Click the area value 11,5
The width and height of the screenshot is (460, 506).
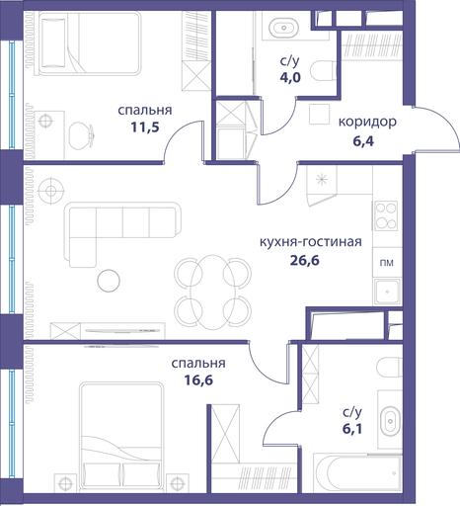click(145, 127)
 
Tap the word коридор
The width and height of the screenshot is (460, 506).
click(367, 123)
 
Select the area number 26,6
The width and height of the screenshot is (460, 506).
click(305, 261)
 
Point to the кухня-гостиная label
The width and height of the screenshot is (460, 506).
click(311, 242)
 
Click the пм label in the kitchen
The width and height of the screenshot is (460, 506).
click(387, 263)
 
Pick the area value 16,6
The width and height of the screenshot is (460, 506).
click(198, 380)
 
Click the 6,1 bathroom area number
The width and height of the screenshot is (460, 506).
click(352, 429)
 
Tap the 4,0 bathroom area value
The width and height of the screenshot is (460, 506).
click(290, 78)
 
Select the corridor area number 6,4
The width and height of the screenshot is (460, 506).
click(363, 142)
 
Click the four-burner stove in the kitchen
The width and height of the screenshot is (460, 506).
click(386, 216)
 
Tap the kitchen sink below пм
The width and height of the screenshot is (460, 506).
click(387, 292)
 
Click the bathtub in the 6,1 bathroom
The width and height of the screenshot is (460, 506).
click(357, 472)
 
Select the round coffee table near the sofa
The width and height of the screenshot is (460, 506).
click(109, 281)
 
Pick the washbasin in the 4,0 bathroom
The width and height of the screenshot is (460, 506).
click(283, 26)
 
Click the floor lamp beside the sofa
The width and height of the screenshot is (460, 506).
click(50, 191)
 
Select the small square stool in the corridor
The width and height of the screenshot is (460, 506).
click(320, 114)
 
